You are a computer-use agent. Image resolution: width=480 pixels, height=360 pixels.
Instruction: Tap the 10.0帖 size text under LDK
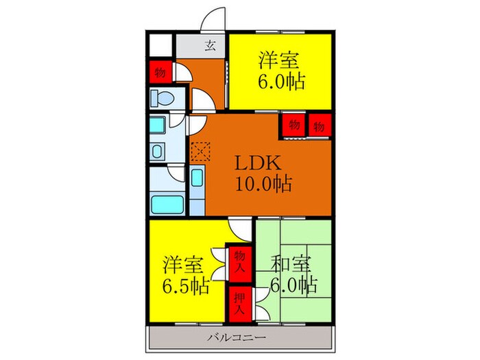click(x=264, y=184)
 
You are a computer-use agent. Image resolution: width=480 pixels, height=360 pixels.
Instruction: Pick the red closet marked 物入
click(x=238, y=261)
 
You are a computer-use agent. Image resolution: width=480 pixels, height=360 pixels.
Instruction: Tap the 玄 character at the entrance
click(x=211, y=47)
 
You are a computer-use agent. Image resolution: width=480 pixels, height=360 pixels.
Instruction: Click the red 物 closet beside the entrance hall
click(x=159, y=72)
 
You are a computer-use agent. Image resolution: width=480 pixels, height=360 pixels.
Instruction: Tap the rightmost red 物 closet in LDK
click(x=320, y=125)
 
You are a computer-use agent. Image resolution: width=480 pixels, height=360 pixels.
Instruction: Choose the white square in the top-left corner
click(x=160, y=46)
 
